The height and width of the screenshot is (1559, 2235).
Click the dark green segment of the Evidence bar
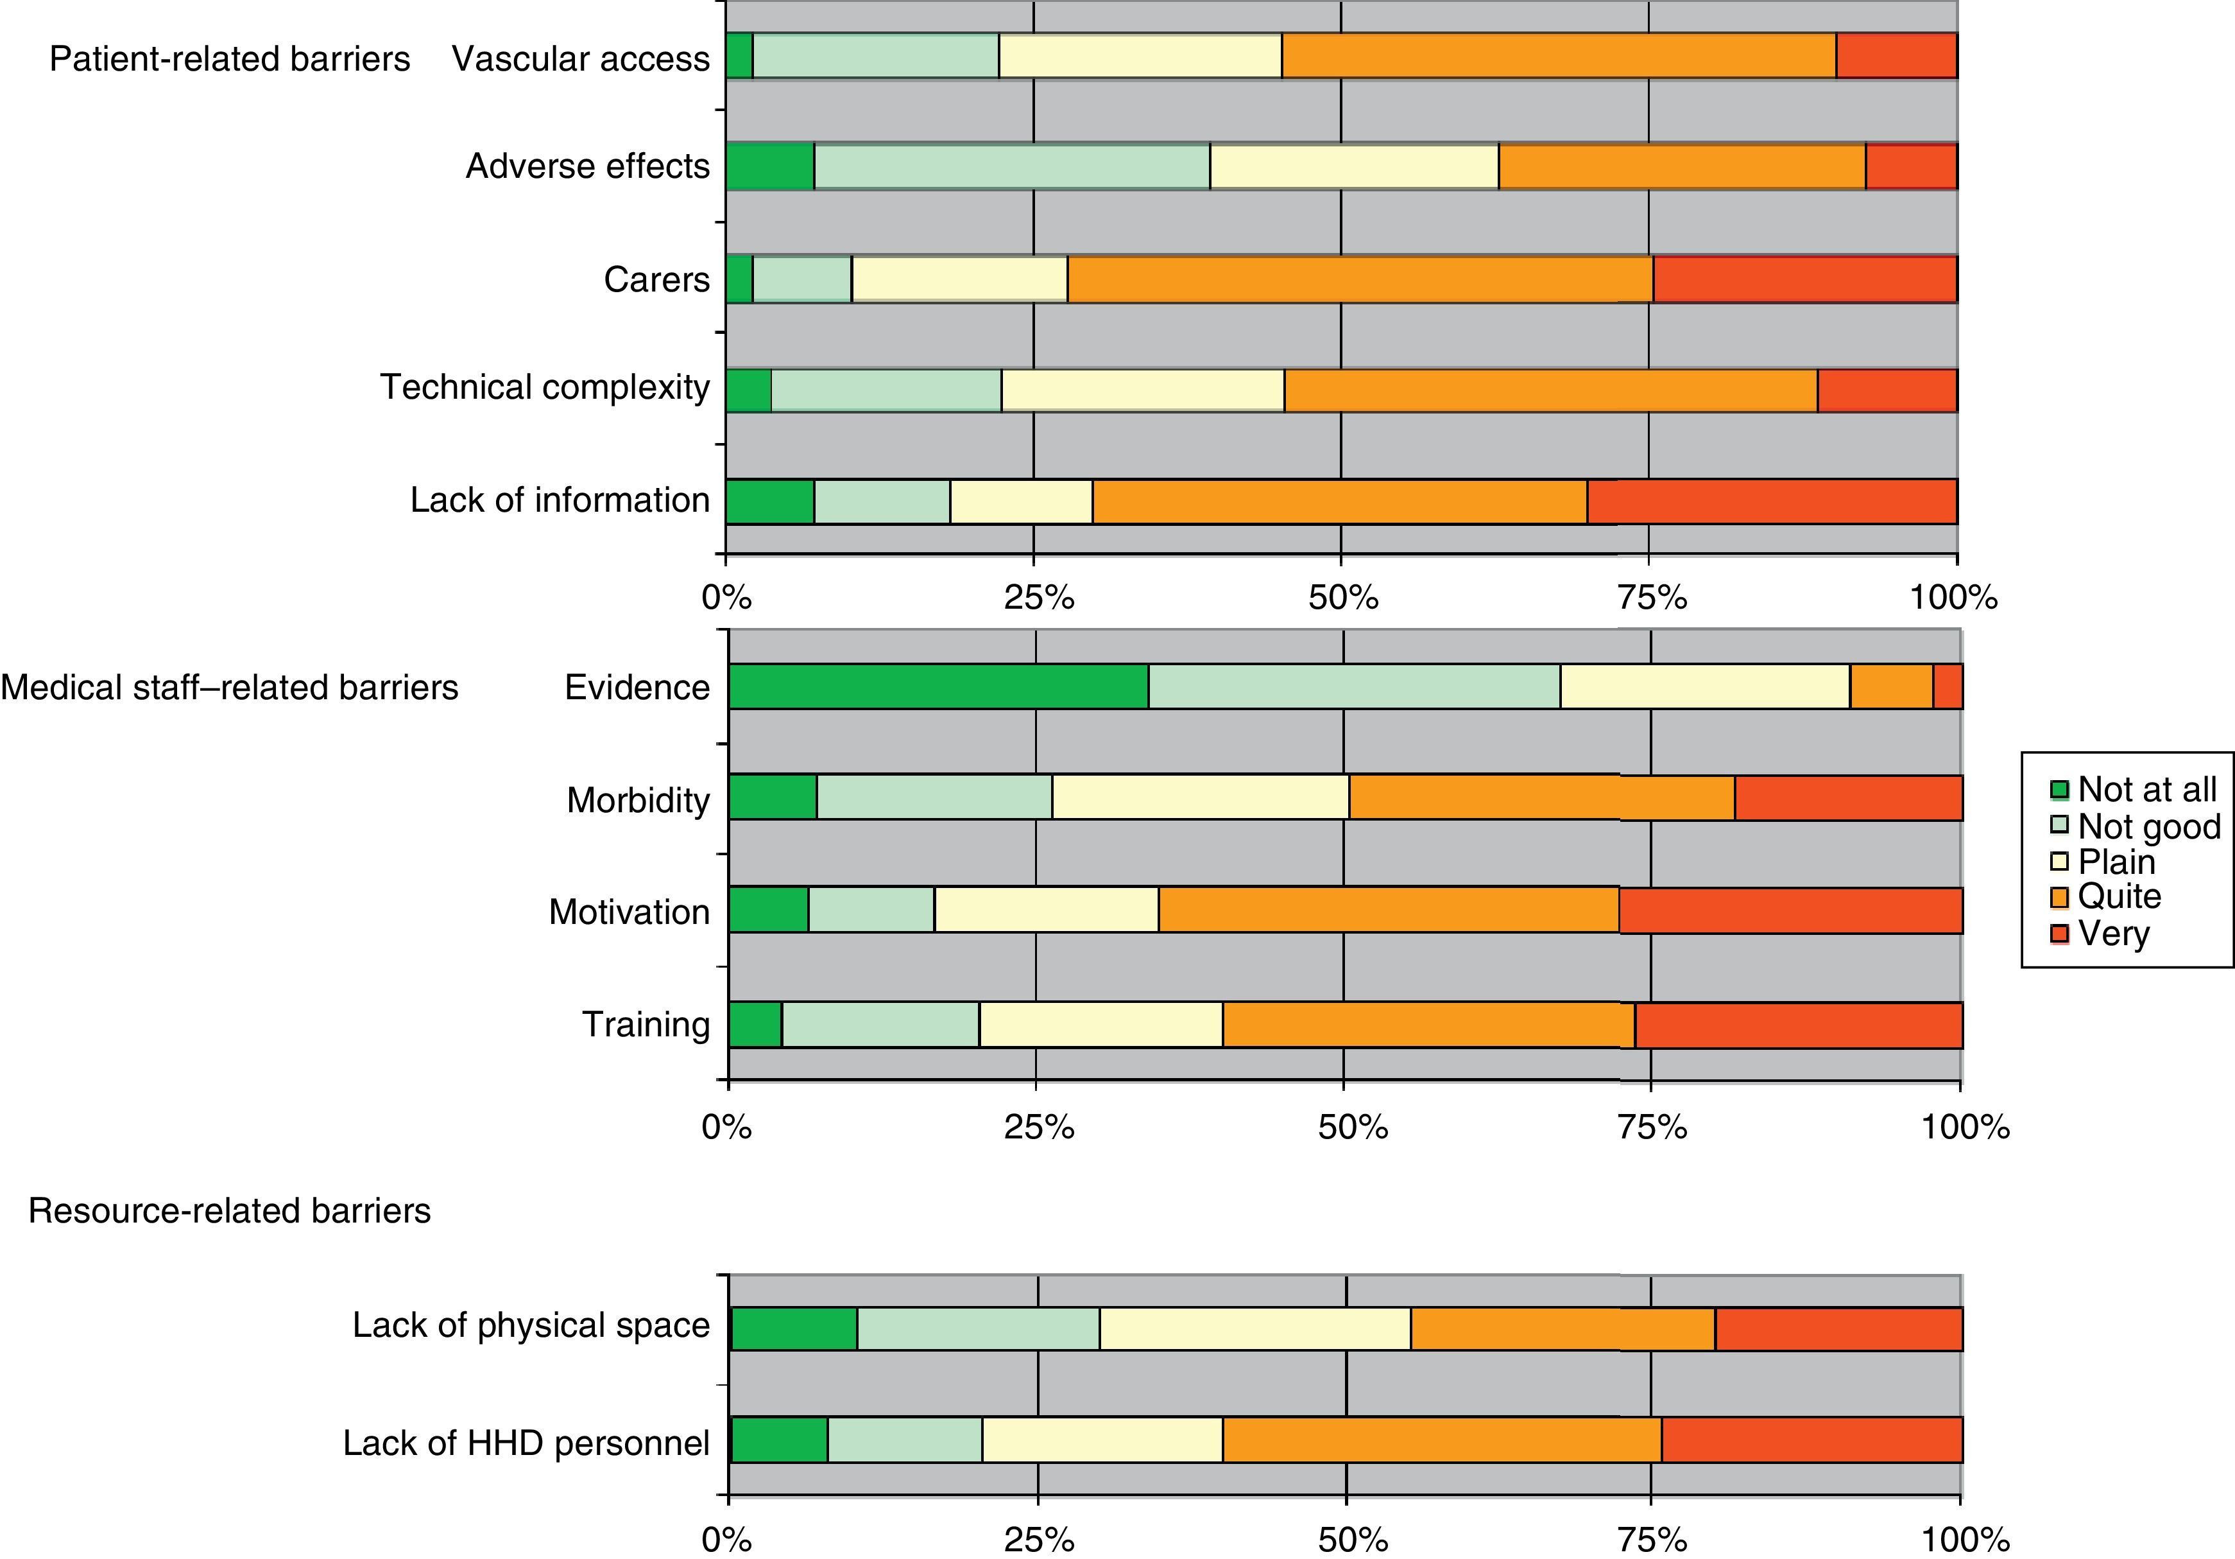[938, 686]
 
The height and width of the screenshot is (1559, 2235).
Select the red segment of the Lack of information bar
[1772, 501]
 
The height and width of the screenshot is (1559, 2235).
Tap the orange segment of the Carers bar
[1360, 279]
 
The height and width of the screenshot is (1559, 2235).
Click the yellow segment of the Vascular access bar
[1140, 55]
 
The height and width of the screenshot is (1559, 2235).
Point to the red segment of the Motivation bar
[1790, 910]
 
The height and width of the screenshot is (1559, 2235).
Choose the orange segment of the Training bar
[1428, 1024]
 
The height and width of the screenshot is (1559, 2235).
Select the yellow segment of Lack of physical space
[1255, 1328]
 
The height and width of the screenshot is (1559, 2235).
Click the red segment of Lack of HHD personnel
[1811, 1439]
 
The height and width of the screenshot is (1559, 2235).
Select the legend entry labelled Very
[2113, 933]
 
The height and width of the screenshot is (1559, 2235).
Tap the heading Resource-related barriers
[230, 1210]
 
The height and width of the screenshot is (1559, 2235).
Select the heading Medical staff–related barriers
[230, 688]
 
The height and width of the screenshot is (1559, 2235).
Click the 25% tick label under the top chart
[1038, 597]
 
